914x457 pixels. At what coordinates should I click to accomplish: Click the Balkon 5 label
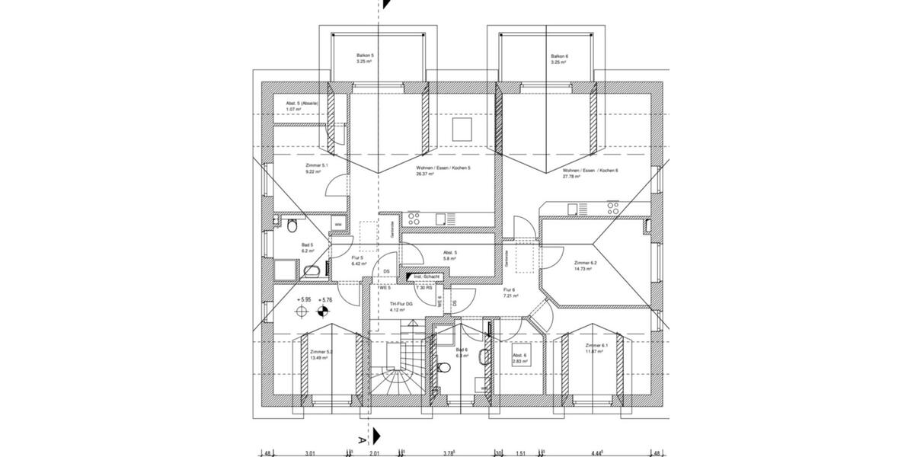coord(366,56)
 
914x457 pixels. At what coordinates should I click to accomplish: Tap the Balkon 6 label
coord(560,56)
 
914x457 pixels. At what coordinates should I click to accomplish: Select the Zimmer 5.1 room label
coord(316,165)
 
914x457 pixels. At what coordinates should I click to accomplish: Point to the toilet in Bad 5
coord(292,224)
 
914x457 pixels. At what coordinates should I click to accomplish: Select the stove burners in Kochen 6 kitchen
coord(612,206)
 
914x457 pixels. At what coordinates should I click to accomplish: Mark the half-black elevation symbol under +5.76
coord(324,311)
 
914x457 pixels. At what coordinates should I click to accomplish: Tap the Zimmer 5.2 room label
coord(321,352)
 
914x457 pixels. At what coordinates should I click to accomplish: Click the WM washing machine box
coord(337,224)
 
